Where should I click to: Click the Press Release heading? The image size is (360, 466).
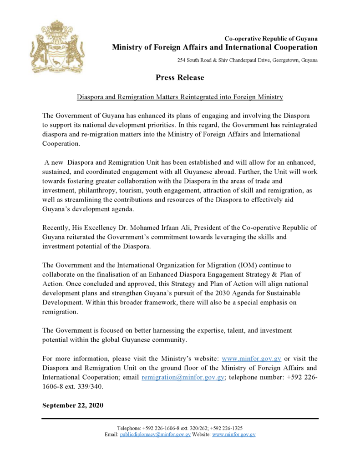[x=180, y=77]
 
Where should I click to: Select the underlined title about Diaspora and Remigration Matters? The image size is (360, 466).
[x=180, y=97]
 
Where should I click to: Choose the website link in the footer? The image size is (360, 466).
[x=233, y=435]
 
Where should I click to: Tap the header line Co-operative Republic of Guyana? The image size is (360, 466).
[x=271, y=39]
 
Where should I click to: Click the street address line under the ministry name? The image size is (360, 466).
[x=248, y=61]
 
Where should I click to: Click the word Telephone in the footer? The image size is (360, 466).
[x=129, y=428]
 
